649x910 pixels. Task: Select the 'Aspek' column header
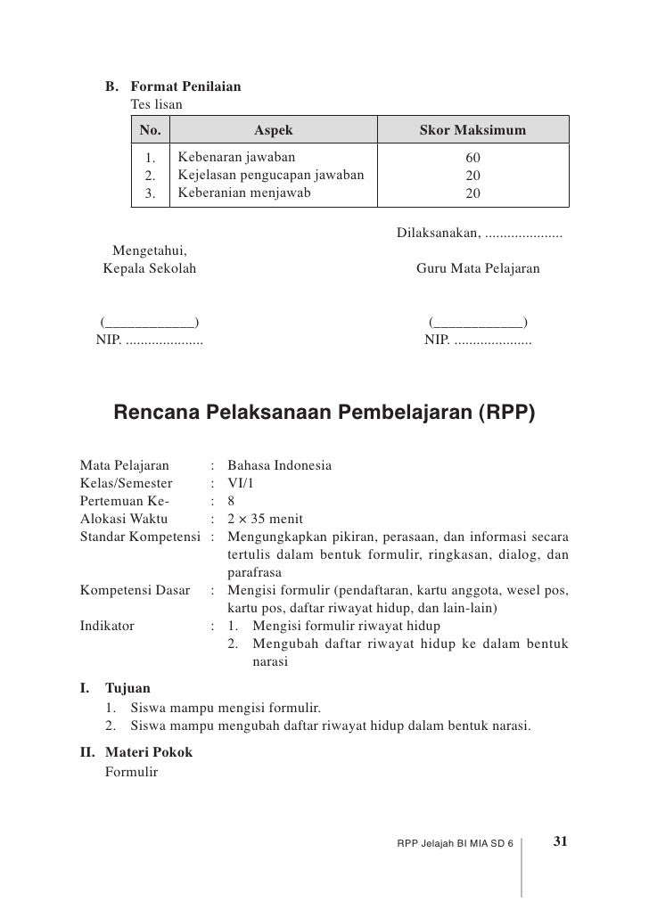point(274,132)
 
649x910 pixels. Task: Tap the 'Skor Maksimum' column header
point(472,132)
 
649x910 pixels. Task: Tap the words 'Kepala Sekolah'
point(149,267)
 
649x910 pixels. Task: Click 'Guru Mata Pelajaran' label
point(478,267)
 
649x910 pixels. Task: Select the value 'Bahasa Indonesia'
point(280,465)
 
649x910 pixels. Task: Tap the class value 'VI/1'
point(242,482)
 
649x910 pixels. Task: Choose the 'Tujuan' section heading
point(128,689)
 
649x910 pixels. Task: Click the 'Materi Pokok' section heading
point(148,752)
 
